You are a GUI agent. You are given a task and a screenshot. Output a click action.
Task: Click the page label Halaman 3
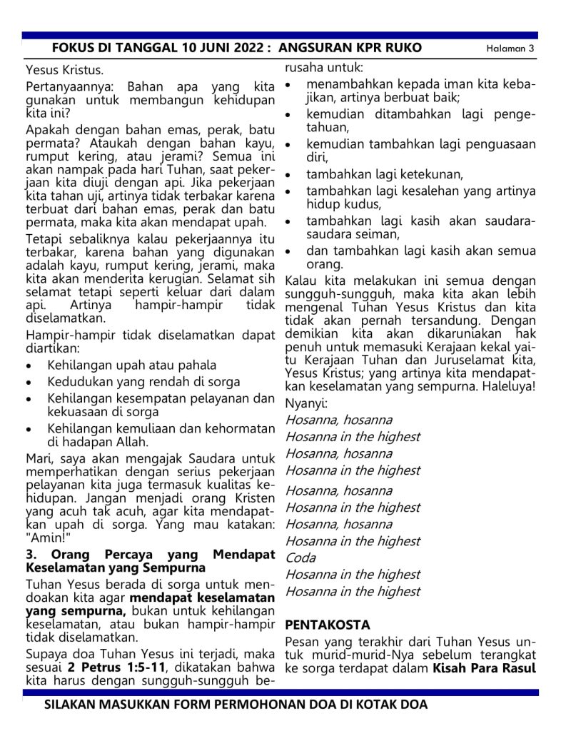pyautogui.click(x=510, y=49)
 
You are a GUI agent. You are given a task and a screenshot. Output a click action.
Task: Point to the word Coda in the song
pyautogui.click(x=300, y=558)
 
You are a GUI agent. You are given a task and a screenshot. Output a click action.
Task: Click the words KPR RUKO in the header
pyautogui.click(x=390, y=48)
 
